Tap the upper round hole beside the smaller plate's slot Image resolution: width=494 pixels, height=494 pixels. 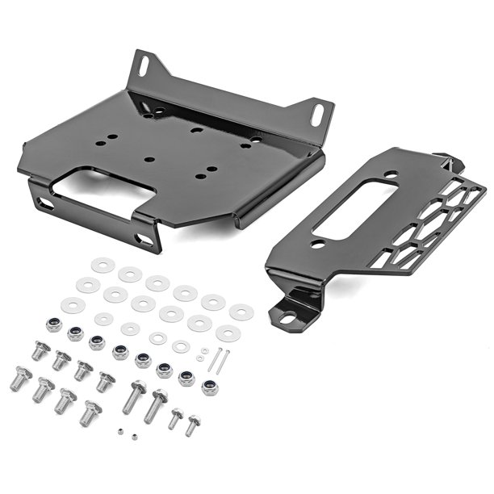pos(391,174)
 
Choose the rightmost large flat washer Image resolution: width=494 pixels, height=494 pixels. pos(241,312)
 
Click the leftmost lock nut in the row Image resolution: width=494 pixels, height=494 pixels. pos(53,324)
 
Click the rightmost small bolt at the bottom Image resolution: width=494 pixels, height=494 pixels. pos(193,424)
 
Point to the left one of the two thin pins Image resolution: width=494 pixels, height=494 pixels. pos(214,361)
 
